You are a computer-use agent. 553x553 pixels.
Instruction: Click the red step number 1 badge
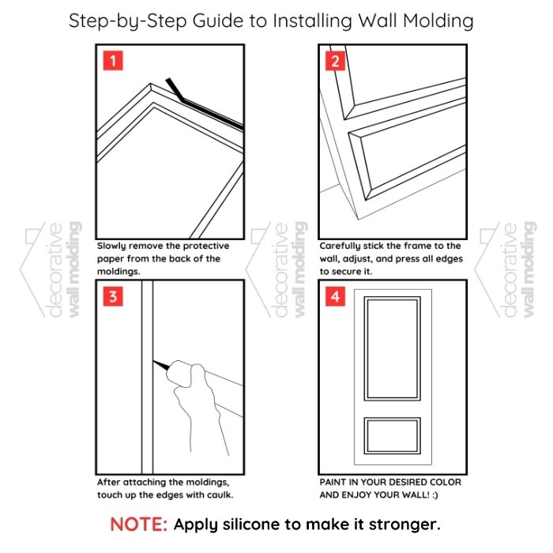[113, 61]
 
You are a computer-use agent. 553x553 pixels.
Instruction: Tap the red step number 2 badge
[335, 61]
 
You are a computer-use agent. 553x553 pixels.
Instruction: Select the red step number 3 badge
[113, 296]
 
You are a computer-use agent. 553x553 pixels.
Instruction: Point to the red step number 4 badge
[335, 296]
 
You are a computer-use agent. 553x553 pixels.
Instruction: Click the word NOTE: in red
[138, 525]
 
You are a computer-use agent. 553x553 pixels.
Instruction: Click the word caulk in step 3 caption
[220, 495]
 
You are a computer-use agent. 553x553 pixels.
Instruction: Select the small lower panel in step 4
[392, 418]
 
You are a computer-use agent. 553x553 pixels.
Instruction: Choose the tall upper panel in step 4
[392, 298]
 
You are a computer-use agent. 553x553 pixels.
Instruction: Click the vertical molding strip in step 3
[148, 378]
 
